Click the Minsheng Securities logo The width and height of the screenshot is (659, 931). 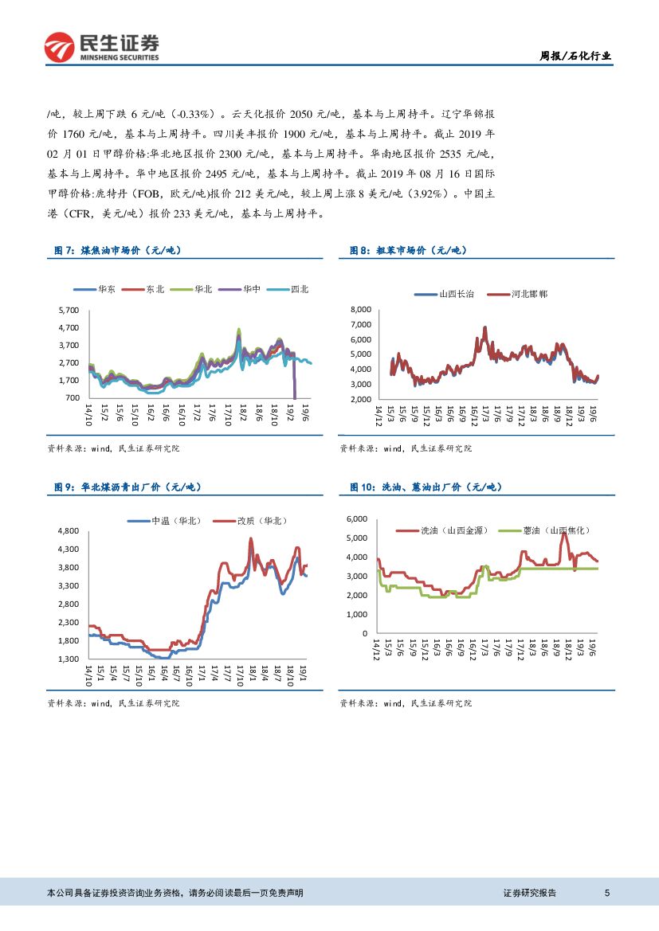click(x=101, y=47)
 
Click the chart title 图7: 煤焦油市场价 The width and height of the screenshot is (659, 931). click(x=118, y=250)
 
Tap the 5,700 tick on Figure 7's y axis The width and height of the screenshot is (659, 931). click(x=69, y=310)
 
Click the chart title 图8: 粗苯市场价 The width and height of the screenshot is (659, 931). click(x=408, y=250)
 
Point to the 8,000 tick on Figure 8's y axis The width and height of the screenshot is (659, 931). click(x=361, y=309)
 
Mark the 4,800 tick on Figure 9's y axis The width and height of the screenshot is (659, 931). click(x=69, y=530)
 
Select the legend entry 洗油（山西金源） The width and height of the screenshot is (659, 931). click(x=451, y=530)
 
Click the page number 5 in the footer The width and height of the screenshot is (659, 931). click(x=607, y=893)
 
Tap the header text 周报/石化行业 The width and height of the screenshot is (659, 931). click(x=575, y=56)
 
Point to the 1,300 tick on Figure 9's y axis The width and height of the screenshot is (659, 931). click(x=69, y=659)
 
